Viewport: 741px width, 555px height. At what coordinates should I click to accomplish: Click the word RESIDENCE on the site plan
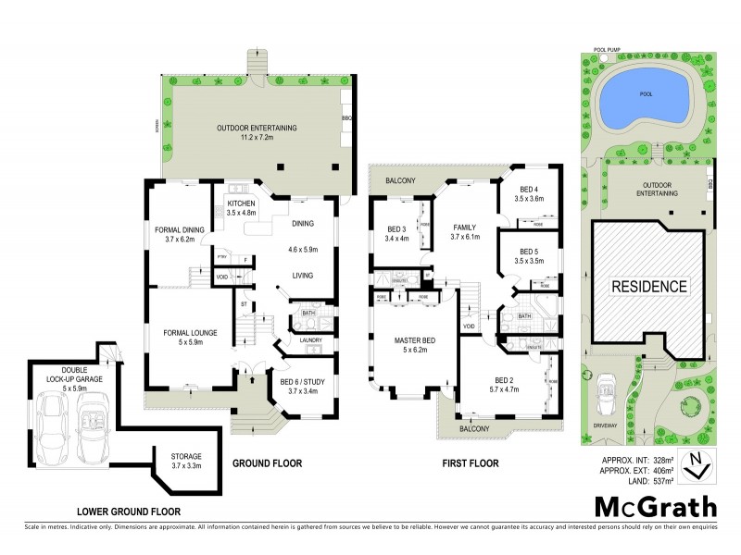coord(648,286)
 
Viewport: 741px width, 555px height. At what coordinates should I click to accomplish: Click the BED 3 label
coord(396,230)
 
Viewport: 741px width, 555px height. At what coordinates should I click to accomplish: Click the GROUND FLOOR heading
coord(267,463)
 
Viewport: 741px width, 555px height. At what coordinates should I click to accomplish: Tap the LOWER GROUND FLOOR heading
coord(129,511)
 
